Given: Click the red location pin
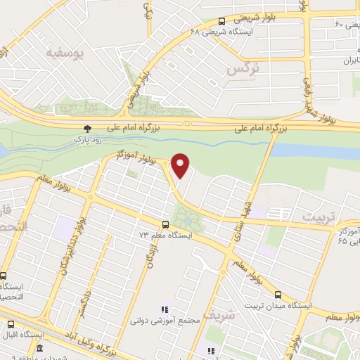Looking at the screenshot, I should [181, 166].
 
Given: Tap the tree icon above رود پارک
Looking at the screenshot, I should [87, 129].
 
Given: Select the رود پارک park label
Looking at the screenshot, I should [88, 139].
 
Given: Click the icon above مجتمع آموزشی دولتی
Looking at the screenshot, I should [165, 309].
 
